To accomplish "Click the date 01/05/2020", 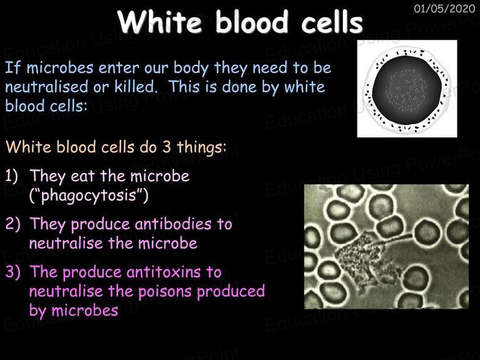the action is point(444,9).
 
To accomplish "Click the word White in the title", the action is point(159,22).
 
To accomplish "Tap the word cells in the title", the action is point(332,22).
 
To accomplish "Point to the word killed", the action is point(136,87).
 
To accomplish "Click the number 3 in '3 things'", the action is point(166,147).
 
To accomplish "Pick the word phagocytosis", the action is point(89,196).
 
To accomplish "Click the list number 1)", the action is point(11,177).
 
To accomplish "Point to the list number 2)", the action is point(13,224).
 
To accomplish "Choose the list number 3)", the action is point(13,272).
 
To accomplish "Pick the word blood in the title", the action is point(251,22).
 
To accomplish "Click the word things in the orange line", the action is point(201,148).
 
